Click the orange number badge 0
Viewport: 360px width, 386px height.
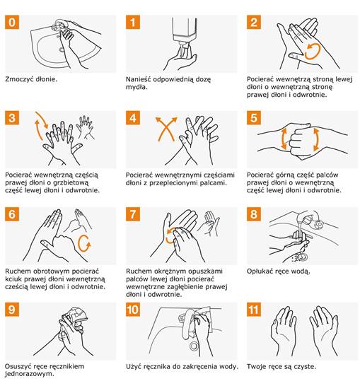12,22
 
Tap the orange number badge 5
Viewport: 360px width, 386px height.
254,118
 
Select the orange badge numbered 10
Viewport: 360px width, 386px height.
133,310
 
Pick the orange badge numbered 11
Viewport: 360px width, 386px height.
254,310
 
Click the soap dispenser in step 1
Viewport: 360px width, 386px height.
185,32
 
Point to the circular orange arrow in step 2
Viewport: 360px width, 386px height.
312,52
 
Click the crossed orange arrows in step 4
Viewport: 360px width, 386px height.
166,129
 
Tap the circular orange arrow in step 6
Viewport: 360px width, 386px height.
84,243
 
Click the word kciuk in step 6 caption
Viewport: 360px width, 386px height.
13,279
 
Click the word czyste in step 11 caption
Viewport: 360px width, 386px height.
305,367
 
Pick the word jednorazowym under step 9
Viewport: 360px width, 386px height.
30,374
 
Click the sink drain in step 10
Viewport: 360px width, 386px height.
194,346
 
